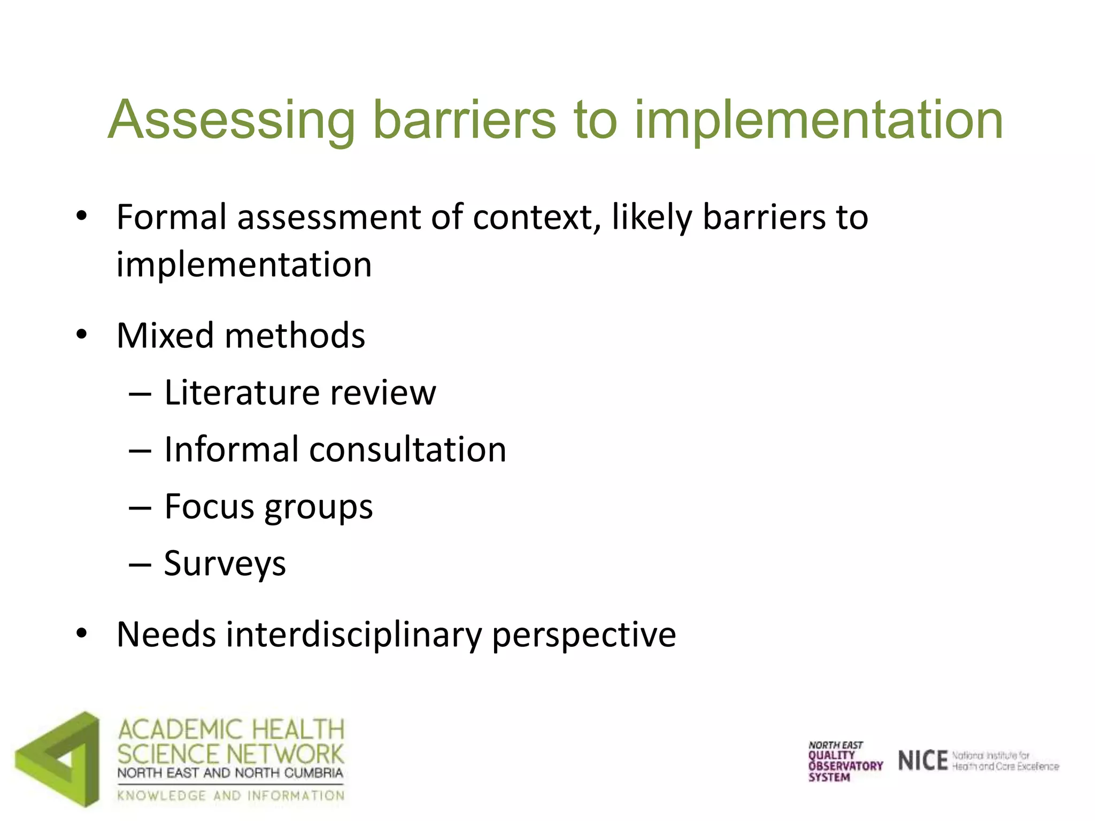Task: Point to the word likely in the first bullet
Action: coord(652,218)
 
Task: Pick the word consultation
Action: coord(407,450)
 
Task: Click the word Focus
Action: coord(209,506)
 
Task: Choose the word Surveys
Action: coord(225,564)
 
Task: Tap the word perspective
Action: coord(583,636)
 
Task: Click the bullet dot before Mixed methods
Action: coord(81,336)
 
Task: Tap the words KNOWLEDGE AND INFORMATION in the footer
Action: coord(230,795)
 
